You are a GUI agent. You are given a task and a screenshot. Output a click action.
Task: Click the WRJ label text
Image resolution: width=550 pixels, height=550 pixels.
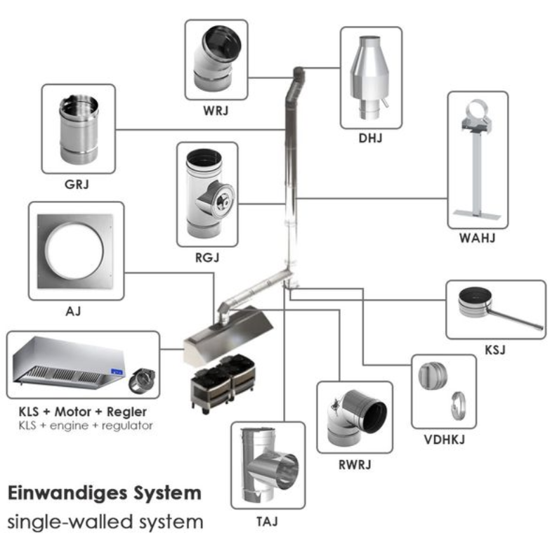(x=216, y=111)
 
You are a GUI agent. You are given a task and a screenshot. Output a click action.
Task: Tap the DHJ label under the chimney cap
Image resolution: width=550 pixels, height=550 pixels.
(x=370, y=138)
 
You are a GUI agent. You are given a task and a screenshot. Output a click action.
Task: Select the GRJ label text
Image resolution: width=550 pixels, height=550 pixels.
(x=77, y=185)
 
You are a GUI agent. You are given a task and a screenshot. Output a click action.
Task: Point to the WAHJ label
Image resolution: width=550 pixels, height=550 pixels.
(x=478, y=238)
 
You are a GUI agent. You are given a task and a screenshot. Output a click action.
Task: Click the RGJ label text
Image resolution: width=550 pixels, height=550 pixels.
(x=207, y=258)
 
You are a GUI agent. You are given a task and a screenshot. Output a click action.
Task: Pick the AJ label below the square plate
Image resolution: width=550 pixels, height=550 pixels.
(x=73, y=311)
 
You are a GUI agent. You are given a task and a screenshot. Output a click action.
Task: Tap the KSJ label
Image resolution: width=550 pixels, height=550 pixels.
(x=495, y=350)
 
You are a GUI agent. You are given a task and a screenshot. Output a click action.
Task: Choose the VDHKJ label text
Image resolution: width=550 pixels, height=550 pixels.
(x=444, y=440)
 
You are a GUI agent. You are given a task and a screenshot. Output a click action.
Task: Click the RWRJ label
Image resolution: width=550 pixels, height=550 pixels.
(x=355, y=465)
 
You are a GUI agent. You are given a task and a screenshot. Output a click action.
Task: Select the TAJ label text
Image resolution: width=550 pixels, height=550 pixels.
(x=267, y=522)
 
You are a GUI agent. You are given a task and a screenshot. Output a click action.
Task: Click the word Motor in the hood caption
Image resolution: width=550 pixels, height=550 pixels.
(x=73, y=412)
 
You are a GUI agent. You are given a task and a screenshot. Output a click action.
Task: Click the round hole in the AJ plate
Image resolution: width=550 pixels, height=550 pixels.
(x=74, y=251)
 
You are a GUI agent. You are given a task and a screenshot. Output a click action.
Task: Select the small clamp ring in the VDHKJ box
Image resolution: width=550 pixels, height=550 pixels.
(x=459, y=406)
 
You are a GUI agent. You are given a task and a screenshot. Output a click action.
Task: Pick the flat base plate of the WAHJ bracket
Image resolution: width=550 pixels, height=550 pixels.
(x=477, y=214)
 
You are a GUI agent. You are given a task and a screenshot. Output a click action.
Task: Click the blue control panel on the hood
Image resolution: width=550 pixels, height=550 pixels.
(x=117, y=372)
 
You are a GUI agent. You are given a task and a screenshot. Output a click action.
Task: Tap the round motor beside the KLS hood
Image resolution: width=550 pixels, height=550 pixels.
(x=143, y=381)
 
